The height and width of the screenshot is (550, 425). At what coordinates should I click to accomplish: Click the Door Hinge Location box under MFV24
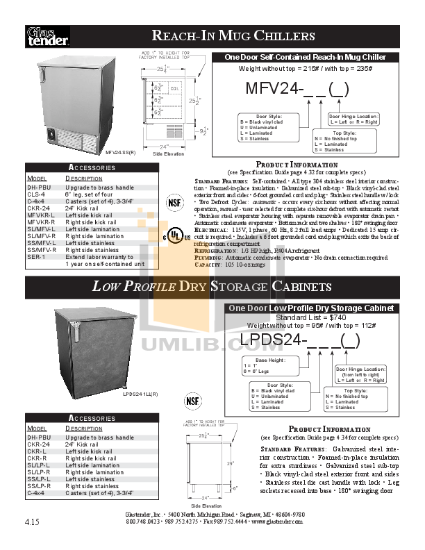[x=353, y=119]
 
